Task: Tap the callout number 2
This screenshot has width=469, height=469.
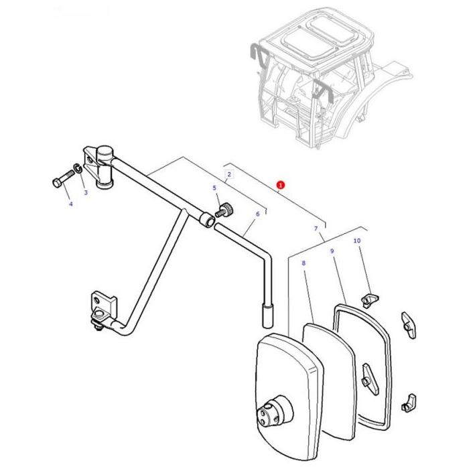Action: click(229, 175)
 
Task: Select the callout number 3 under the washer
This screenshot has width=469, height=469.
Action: click(85, 193)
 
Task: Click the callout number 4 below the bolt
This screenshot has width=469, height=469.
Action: click(70, 204)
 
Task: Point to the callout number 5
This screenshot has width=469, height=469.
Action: click(214, 188)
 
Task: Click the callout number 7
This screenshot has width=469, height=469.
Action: click(316, 229)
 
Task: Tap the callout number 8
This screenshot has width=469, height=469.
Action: click(304, 263)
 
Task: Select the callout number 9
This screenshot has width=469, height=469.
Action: click(332, 251)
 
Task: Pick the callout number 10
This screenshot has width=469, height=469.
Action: click(356, 241)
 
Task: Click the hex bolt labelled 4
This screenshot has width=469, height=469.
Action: click(61, 182)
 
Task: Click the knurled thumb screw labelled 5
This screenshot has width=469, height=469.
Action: click(225, 212)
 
